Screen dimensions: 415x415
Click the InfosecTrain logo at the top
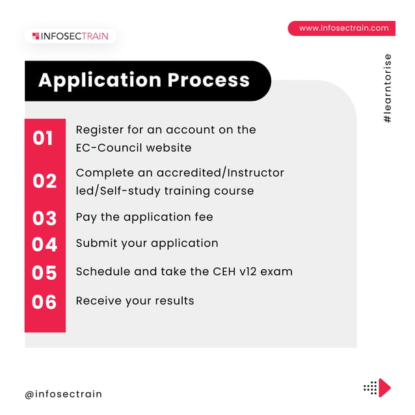click(70, 36)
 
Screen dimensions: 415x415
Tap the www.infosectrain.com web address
click(343, 28)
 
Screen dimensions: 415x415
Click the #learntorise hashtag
click(388, 89)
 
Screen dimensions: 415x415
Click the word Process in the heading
click(209, 80)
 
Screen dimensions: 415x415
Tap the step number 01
click(43, 139)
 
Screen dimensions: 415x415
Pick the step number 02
click(45, 181)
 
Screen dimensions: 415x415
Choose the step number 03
click(45, 218)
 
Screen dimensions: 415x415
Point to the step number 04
click(45, 245)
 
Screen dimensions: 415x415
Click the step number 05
click(45, 273)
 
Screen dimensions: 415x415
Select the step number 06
click(45, 302)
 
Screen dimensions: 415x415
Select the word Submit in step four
click(96, 243)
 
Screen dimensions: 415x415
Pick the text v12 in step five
click(247, 271)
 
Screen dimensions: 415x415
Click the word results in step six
click(173, 301)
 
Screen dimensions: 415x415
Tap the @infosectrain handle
click(64, 394)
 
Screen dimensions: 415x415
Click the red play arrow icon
click(384, 388)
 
